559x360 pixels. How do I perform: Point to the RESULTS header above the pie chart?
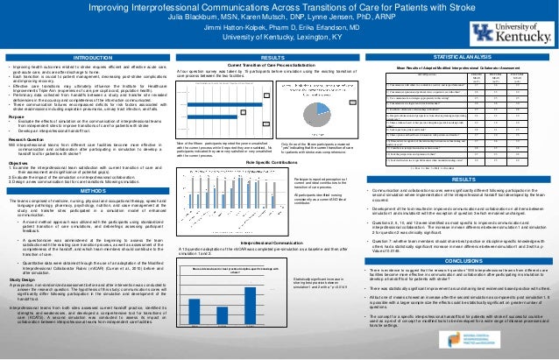(x=280, y=57)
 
